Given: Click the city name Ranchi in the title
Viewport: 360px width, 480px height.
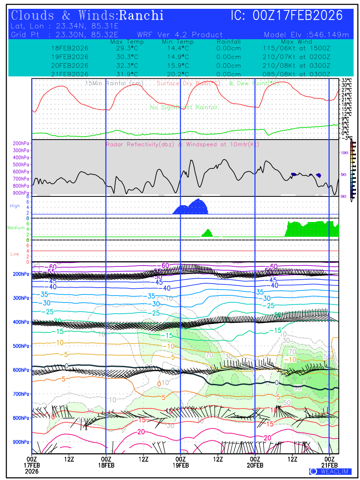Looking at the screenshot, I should coord(142,16).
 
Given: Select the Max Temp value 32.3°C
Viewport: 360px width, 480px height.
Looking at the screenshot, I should coord(124,65).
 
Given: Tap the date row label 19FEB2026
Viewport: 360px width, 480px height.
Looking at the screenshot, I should coord(70,56).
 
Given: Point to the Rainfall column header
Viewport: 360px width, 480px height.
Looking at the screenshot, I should coord(228,42).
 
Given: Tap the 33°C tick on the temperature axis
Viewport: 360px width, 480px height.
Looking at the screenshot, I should coord(346,80).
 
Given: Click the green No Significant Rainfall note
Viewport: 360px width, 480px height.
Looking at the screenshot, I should coord(184,107).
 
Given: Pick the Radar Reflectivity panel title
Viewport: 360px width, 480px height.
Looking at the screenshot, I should coord(182,144).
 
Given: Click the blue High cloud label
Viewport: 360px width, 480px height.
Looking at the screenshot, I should coord(15,206).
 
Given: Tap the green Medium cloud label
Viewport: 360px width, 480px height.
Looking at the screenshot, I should coord(16,228).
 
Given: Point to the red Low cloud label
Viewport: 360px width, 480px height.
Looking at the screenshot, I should coord(15,254).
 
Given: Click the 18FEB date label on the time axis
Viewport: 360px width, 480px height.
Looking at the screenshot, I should coord(106,465).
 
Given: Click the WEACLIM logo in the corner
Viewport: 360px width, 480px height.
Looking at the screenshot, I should coord(330,472).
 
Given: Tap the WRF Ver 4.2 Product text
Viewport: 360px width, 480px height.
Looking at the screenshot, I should coord(180,35).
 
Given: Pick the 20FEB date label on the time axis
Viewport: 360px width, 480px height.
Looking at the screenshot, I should coord(255,465).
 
